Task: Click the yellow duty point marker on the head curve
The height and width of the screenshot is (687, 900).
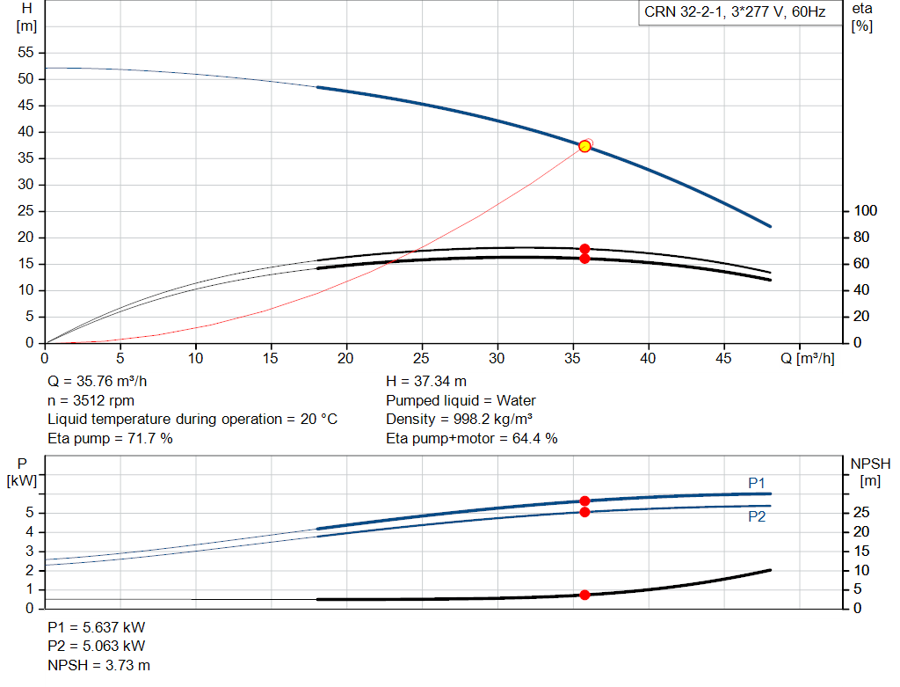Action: pyautogui.click(x=584, y=146)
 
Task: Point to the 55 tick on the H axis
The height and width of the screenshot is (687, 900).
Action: pyautogui.click(x=27, y=53)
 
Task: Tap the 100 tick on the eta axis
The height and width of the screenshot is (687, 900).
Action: pyautogui.click(x=866, y=211)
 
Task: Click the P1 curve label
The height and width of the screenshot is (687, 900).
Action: pyautogui.click(x=757, y=482)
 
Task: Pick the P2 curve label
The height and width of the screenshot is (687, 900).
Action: pyautogui.click(x=757, y=517)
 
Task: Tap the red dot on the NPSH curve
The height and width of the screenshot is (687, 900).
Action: pyautogui.click(x=584, y=595)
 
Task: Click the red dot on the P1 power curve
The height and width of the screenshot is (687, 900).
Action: pyautogui.click(x=584, y=501)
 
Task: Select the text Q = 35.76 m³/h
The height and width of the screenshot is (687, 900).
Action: pyautogui.click(x=98, y=382)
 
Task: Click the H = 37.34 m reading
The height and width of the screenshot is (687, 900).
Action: pyautogui.click(x=426, y=382)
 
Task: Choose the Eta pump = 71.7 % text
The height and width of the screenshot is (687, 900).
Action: pyautogui.click(x=110, y=437)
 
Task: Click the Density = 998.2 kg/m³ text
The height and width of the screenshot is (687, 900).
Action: pyautogui.click(x=460, y=419)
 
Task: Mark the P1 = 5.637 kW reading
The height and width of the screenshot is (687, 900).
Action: pyautogui.click(x=97, y=628)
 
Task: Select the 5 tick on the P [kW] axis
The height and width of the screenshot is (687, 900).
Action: pyautogui.click(x=31, y=513)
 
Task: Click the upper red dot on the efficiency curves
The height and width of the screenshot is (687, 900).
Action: pyautogui.click(x=584, y=249)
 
